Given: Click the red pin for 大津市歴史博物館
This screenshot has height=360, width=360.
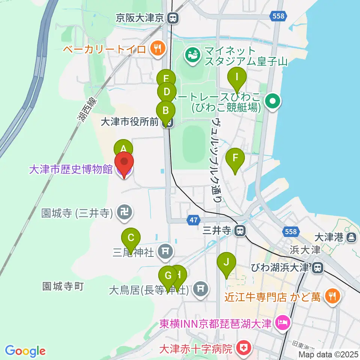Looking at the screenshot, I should pos(123,164).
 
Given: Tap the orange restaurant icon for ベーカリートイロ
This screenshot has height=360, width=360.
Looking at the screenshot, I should pos(156,48).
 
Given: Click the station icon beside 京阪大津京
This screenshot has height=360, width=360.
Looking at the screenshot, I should pos(173,18).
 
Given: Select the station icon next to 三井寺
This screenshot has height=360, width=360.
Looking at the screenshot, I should pos(239,231).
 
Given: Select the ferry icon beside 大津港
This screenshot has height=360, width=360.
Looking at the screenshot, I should pos(351,237).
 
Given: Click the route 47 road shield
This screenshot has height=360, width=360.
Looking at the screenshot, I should pos(193,220).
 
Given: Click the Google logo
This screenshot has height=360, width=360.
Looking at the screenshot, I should pos(25,351).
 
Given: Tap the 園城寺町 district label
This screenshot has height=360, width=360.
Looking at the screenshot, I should pos(63,287).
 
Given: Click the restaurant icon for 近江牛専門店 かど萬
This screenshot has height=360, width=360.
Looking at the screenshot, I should pos(331,296).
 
